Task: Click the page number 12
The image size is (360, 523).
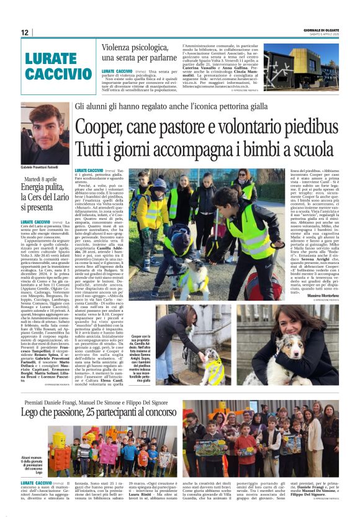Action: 24,32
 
